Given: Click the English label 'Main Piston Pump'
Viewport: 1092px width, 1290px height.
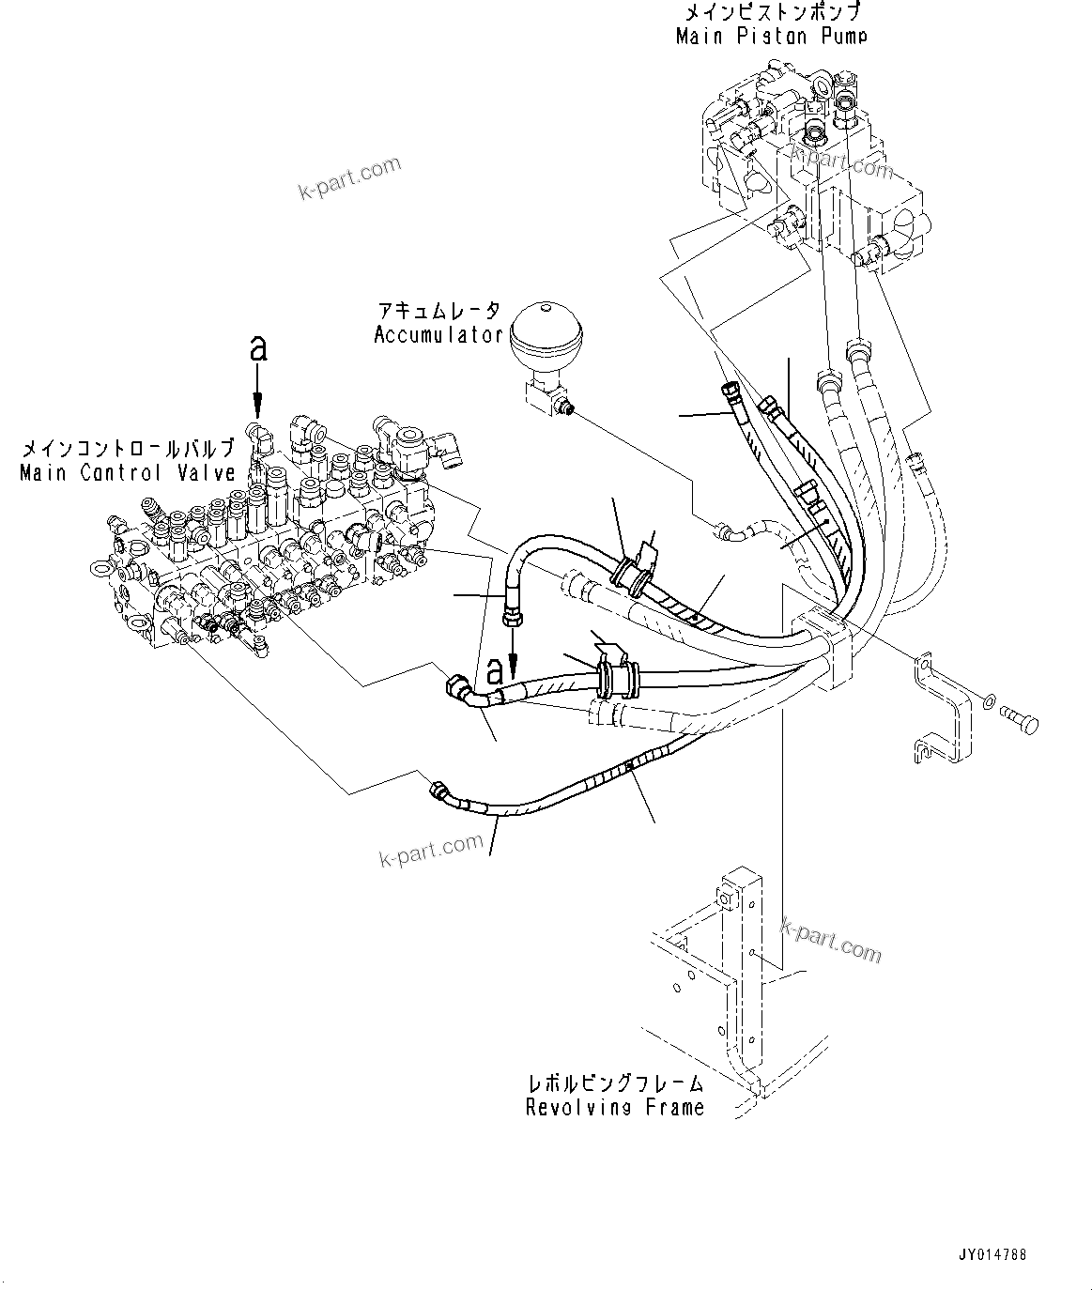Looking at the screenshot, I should tap(771, 37).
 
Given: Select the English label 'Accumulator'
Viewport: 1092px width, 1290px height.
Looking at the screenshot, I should tap(438, 335).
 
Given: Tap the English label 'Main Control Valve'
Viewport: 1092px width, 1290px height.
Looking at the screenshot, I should tap(128, 473).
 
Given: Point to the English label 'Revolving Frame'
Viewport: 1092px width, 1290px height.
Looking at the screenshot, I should tap(615, 1108).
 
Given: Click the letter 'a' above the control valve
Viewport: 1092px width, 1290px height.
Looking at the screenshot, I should tap(258, 348).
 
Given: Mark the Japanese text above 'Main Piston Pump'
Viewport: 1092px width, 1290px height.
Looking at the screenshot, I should tap(771, 13).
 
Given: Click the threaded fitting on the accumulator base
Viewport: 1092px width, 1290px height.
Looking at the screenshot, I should tap(565, 407).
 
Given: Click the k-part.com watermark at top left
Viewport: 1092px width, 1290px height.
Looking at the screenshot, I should tap(349, 177).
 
